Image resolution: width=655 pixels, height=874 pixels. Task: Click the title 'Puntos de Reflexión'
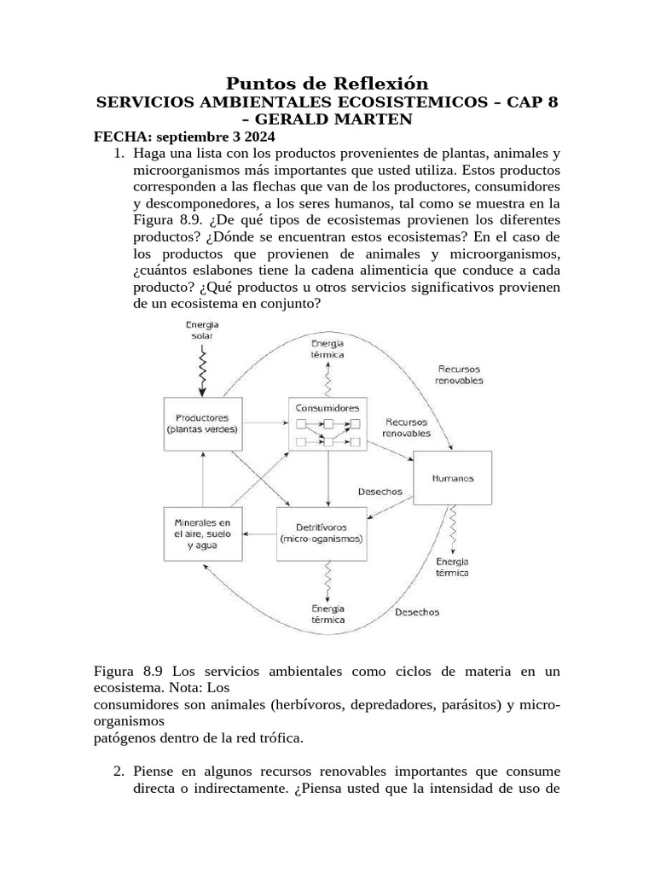(x=327, y=83)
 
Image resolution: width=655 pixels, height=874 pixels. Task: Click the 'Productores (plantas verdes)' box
(x=202, y=424)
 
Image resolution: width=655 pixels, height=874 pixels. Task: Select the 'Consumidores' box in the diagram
(x=327, y=422)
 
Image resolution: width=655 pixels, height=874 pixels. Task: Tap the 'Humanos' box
(x=452, y=479)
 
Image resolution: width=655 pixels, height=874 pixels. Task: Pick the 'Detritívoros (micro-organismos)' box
(x=322, y=533)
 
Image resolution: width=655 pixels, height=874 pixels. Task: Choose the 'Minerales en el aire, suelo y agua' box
(x=202, y=533)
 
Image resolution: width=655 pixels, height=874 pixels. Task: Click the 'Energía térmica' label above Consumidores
(x=327, y=349)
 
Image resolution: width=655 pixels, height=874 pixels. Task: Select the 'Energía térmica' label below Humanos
(x=452, y=567)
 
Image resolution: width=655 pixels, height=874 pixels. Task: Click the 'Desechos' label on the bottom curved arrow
(x=417, y=613)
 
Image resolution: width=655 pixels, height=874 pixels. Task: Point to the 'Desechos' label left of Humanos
(x=380, y=492)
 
